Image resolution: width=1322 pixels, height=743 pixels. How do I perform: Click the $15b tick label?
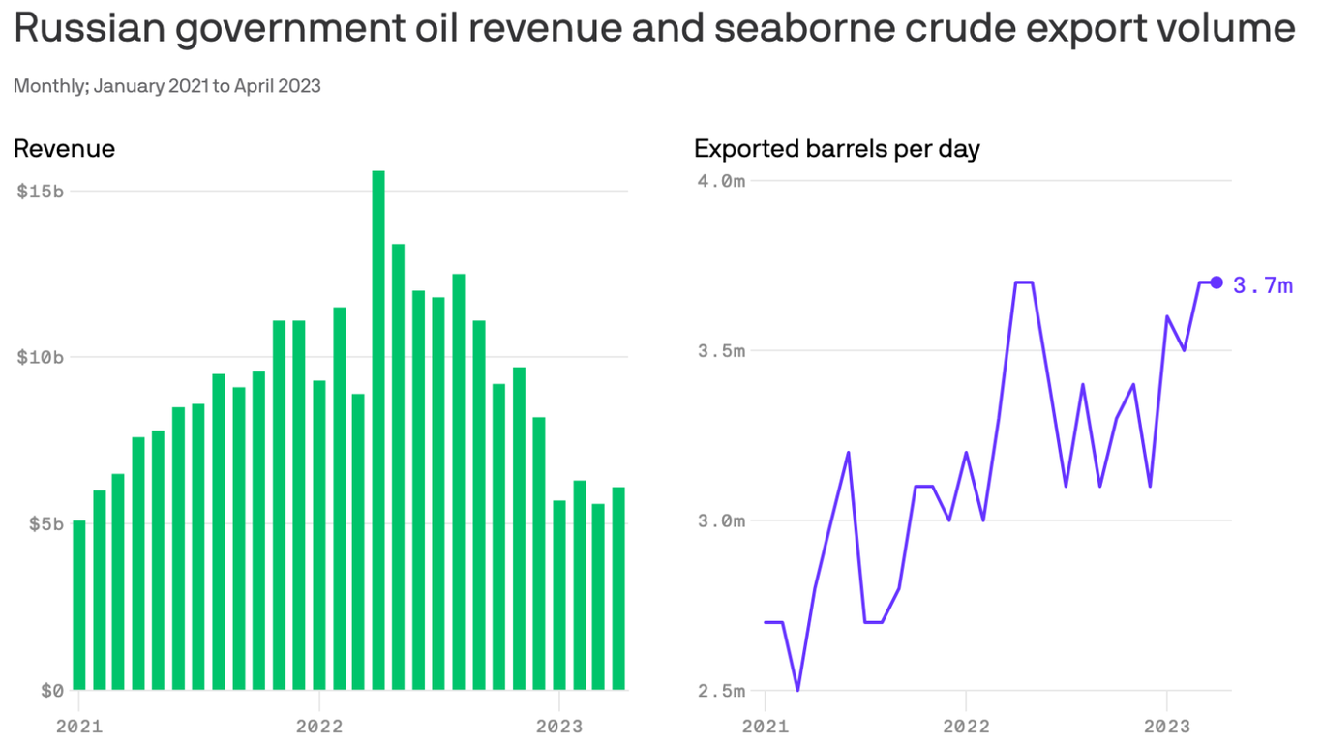pos(41,191)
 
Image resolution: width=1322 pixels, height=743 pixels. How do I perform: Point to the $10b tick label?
pos(41,357)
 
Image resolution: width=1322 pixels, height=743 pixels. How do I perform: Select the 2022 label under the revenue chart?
pos(318,725)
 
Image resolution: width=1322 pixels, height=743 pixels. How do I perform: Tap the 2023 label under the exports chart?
pos(1166,725)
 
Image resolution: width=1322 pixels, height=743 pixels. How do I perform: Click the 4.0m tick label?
pos(722,181)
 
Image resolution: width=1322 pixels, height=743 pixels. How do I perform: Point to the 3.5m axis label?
pos(722,350)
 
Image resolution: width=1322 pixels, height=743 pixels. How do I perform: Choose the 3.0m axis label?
pos(722,520)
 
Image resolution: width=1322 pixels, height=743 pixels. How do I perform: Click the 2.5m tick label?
pos(722,691)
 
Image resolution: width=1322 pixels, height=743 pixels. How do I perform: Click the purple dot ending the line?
pos(1217,282)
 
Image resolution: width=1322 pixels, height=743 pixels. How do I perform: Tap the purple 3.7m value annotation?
pos(1263,284)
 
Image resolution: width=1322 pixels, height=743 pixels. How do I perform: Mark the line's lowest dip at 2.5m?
pos(797,689)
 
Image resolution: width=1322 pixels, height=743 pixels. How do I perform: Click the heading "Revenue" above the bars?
pos(64,148)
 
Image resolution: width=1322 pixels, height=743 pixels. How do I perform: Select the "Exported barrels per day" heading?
pos(837,148)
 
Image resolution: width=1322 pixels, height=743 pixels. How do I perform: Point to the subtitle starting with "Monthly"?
pos(166,86)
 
